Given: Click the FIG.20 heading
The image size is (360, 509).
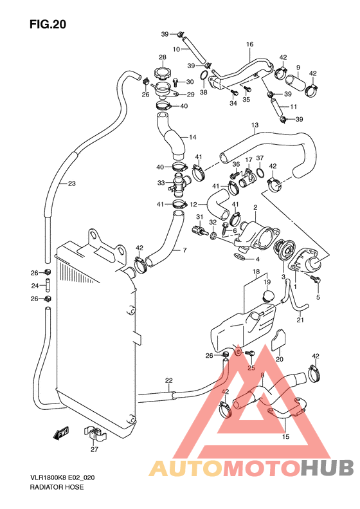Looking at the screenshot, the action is (x=48, y=24).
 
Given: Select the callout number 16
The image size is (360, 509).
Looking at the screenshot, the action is (x=249, y=44).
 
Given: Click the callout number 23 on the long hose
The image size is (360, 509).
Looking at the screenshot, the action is (x=71, y=183).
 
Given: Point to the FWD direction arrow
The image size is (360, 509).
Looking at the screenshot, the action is (x=60, y=432).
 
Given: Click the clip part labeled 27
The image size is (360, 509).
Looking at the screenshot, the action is (x=94, y=434).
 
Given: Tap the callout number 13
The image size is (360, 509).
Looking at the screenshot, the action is (x=255, y=125).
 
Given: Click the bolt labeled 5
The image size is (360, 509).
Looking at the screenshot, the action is (x=315, y=278).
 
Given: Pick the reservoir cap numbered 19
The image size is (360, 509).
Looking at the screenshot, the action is (x=268, y=295).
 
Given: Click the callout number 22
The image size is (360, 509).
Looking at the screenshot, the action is (x=168, y=380).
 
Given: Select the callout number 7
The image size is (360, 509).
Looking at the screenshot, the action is (x=184, y=250).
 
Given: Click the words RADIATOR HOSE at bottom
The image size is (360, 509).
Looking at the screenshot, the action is (x=57, y=487).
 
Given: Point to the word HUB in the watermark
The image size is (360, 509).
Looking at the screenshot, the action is (x=327, y=468).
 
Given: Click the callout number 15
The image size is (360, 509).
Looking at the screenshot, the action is (x=285, y=437).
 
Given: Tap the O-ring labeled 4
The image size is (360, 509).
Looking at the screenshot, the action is (x=240, y=257).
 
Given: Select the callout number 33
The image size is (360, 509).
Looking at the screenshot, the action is (x=161, y=183).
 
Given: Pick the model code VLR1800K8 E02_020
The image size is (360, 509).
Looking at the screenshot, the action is (x=62, y=478).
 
